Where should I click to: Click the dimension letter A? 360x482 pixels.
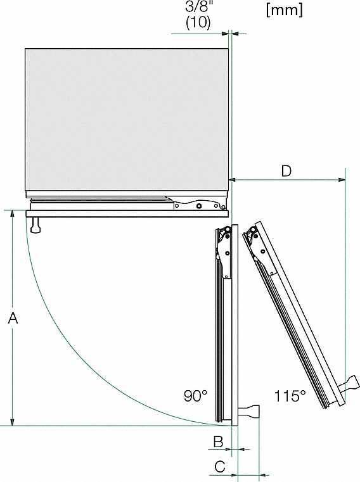point(12,320)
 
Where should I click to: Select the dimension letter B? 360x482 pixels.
point(217,440)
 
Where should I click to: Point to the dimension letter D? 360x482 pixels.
point(286,171)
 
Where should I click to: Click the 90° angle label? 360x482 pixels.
point(196,396)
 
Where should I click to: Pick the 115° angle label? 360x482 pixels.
point(290,396)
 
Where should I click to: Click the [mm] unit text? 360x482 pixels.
point(285,10)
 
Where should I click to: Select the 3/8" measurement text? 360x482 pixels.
point(198,8)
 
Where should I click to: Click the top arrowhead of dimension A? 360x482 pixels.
point(12,215)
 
